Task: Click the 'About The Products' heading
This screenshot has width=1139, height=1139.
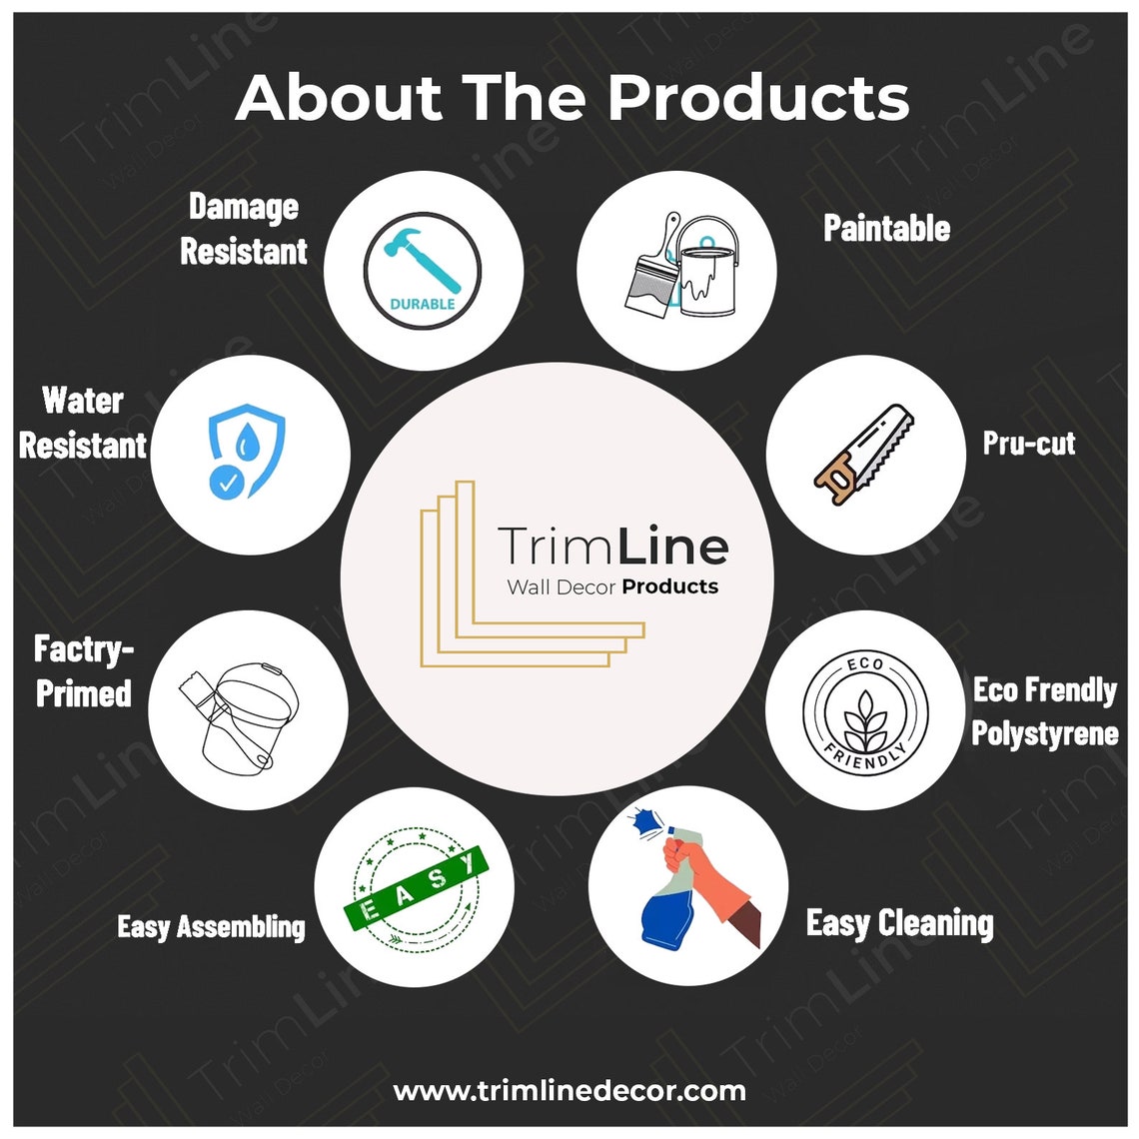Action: [572, 97]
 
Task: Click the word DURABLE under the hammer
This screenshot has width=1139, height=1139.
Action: [423, 305]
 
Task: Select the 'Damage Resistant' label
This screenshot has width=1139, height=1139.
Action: [244, 229]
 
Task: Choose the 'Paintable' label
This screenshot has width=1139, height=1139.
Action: [887, 228]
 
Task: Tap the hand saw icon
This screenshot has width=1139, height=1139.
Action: [863, 455]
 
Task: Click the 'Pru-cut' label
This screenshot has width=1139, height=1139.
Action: [1028, 443]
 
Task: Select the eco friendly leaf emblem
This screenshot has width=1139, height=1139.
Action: [865, 711]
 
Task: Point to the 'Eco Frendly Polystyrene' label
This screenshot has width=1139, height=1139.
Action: [1044, 711]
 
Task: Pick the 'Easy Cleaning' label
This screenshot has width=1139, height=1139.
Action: [900, 923]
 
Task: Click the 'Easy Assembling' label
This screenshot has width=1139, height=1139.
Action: [212, 927]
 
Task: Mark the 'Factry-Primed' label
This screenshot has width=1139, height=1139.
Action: [84, 671]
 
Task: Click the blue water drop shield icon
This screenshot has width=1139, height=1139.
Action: [246, 451]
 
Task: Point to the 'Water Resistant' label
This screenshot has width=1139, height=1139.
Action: [83, 423]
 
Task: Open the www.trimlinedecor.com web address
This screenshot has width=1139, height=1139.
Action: [569, 1090]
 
